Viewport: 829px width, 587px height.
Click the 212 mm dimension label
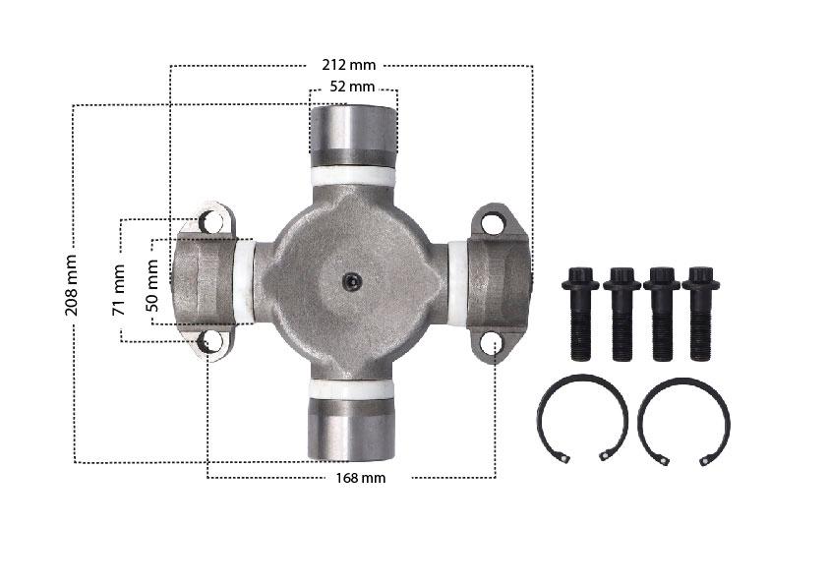click(x=349, y=65)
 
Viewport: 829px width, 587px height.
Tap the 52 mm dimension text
click(x=352, y=87)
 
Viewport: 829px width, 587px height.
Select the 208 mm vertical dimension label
click(x=71, y=285)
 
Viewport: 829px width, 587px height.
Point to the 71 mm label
click(x=118, y=290)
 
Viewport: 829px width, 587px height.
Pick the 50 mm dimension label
click(x=151, y=285)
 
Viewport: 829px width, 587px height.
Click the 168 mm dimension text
click(x=361, y=478)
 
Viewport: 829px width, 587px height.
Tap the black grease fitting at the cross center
click(x=352, y=281)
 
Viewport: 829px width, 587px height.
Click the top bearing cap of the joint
click(x=353, y=136)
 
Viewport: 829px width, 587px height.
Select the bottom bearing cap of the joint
click(x=352, y=429)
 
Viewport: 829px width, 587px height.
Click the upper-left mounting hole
click(x=211, y=221)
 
